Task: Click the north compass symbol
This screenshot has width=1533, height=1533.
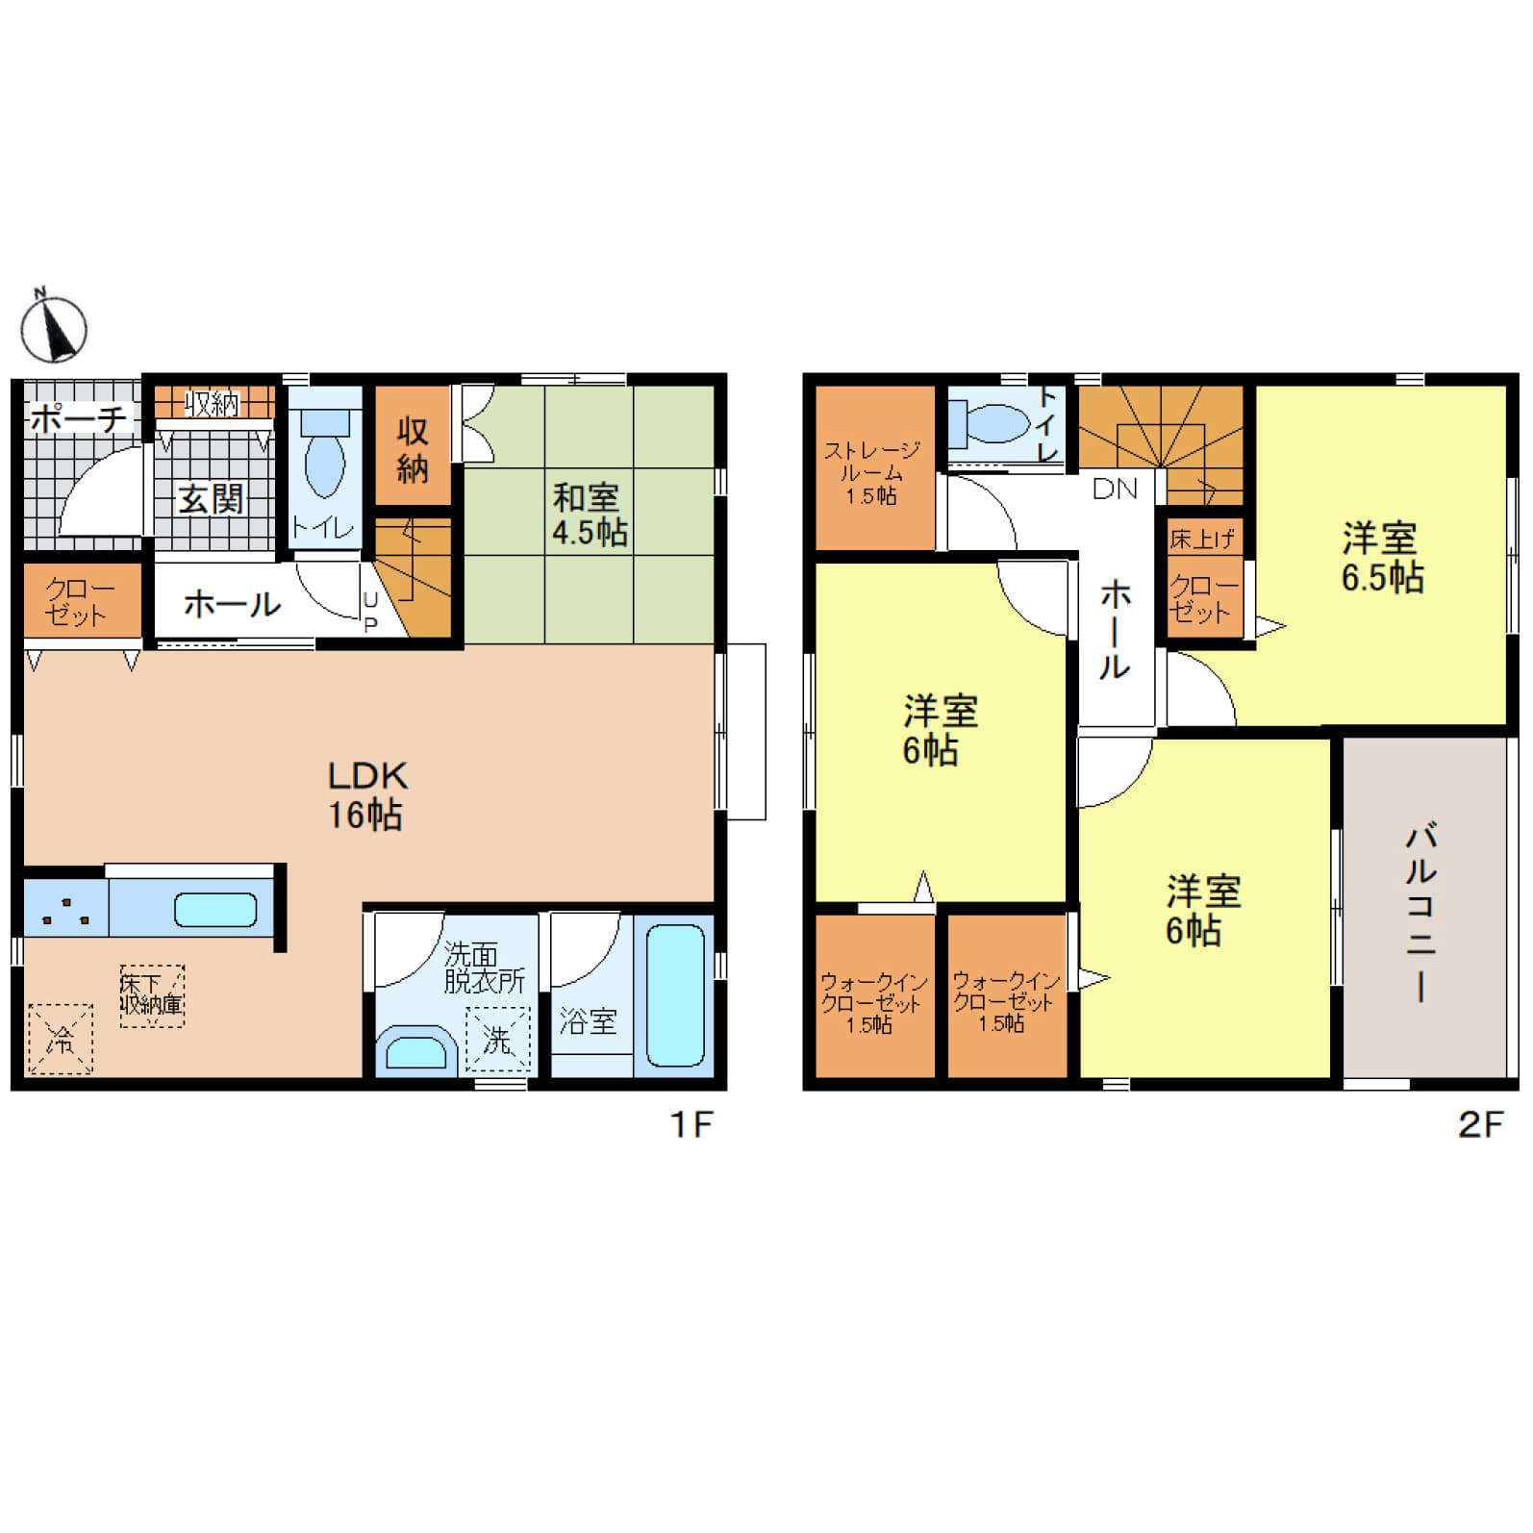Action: (54, 328)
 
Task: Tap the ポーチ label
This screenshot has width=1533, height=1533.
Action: (78, 419)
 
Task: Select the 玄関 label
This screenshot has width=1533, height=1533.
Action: (211, 499)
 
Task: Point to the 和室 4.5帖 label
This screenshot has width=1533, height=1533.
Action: (589, 515)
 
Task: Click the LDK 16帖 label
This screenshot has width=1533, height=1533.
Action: (366, 795)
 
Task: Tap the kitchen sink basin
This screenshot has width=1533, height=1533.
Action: (214, 910)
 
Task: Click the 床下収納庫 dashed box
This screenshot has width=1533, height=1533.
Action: (152, 995)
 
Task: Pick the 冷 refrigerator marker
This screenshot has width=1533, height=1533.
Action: (61, 1039)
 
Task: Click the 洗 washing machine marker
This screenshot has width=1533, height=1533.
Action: (497, 1039)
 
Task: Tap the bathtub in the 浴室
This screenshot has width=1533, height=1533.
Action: (675, 995)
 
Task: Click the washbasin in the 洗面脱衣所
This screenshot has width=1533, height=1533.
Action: (415, 1052)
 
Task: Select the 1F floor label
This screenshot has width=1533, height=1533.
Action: (691, 1123)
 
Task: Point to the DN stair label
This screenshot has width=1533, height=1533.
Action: (1115, 489)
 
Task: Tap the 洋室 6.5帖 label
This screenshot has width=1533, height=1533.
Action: (1381, 557)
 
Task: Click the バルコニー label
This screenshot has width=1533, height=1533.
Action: (1421, 911)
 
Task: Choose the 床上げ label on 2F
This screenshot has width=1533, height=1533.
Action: (1201, 540)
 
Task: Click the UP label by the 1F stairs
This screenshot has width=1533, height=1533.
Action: (371, 612)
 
